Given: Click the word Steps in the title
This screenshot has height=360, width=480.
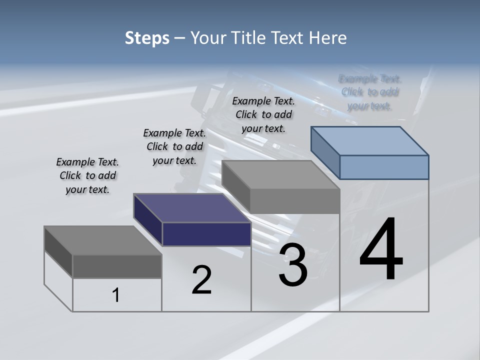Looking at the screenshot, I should point(147,38).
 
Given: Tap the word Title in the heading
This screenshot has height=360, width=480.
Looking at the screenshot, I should point(252,38).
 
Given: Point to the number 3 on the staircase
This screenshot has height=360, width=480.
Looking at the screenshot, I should point(293,265).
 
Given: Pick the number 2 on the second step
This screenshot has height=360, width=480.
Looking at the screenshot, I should point(201,280).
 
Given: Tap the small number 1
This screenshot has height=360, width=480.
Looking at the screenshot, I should point(116,295).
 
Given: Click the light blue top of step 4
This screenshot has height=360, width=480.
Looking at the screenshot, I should point(370,140).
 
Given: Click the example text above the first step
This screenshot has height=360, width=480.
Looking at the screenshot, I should point(87,175).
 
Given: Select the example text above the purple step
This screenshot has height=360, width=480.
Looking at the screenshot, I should point(174,146).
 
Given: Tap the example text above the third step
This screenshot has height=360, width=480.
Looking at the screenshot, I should point(263,114).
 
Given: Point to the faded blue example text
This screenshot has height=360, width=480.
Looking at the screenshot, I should point(370,92).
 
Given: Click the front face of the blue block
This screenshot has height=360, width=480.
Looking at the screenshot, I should point(384,167).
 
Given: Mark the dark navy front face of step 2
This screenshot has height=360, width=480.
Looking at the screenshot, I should point(206,234).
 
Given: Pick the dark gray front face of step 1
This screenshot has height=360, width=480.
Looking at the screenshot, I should point(117,266).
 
